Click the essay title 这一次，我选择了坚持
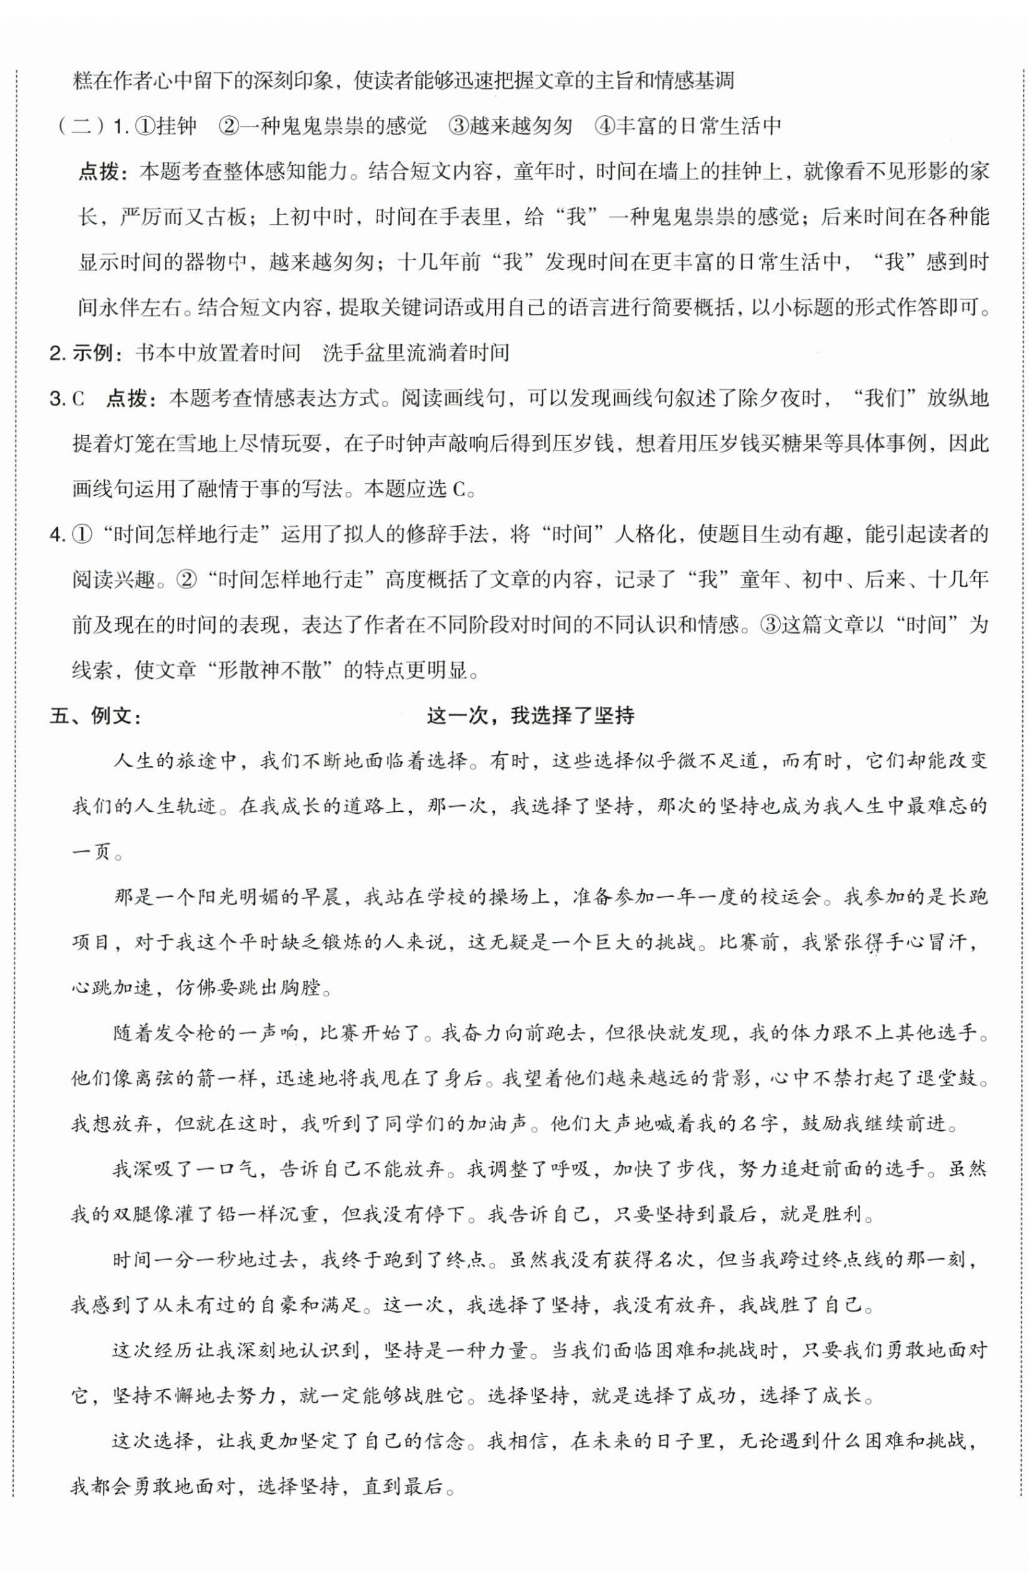click(530, 717)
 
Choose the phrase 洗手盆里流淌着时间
click(415, 353)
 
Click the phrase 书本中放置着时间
click(217, 353)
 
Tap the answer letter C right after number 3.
click(78, 398)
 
